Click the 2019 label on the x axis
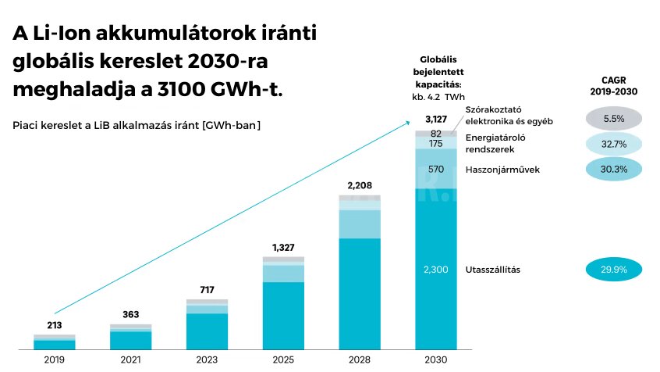click(x=54, y=360)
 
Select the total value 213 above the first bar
click(x=54, y=325)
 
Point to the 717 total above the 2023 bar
click(x=207, y=290)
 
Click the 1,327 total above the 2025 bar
click(x=283, y=248)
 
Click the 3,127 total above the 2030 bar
click(x=436, y=120)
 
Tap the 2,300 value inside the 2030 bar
click(x=436, y=270)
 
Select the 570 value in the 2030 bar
click(x=436, y=169)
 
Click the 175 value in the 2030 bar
click(x=436, y=144)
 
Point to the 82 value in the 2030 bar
click(x=436, y=133)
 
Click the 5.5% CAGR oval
click(x=613, y=119)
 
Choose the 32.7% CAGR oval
click(x=613, y=144)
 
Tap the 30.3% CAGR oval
click(x=613, y=169)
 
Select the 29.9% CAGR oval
click(x=613, y=270)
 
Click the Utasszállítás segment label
click(x=492, y=270)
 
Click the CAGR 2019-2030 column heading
click(x=613, y=87)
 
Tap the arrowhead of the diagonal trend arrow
click(x=411, y=121)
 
